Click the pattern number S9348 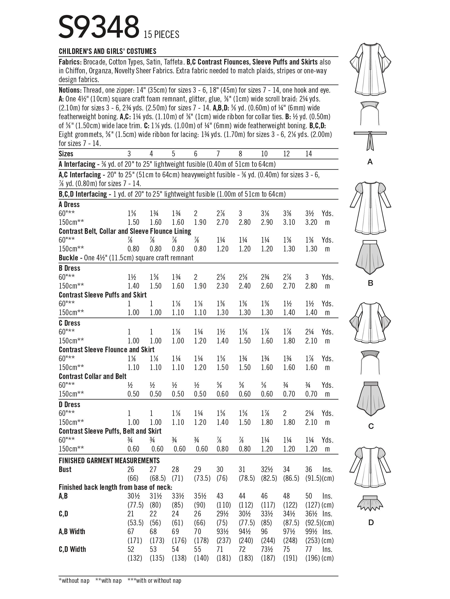click(x=99, y=27)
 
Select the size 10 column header click(x=264, y=154)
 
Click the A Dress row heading click(x=69, y=204)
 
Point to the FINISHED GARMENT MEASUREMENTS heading click(x=109, y=460)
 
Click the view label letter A click(x=370, y=162)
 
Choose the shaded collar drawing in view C click(x=370, y=362)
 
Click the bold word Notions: click(x=70, y=90)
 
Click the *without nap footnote click(x=74, y=581)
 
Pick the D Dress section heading click(x=69, y=405)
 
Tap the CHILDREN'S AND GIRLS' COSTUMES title click(x=107, y=51)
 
